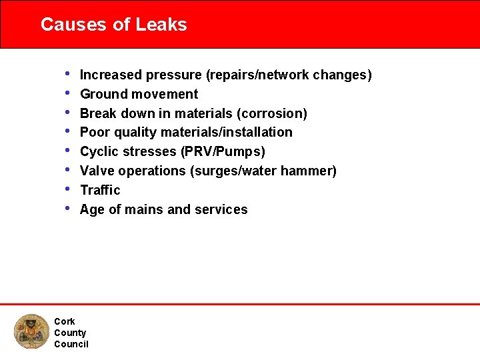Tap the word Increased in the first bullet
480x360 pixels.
pyautogui.click(x=107, y=75)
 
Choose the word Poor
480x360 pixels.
pyautogui.click(x=94, y=133)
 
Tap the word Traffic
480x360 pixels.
pyautogui.click(x=100, y=190)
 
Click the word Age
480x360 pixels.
pyautogui.click(x=92, y=210)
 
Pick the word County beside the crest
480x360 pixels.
pyautogui.click(x=70, y=333)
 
